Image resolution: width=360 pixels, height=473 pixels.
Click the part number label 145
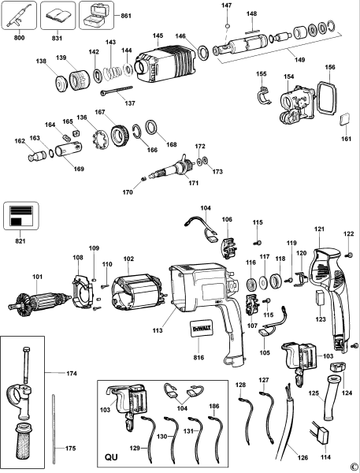click(158, 35)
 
